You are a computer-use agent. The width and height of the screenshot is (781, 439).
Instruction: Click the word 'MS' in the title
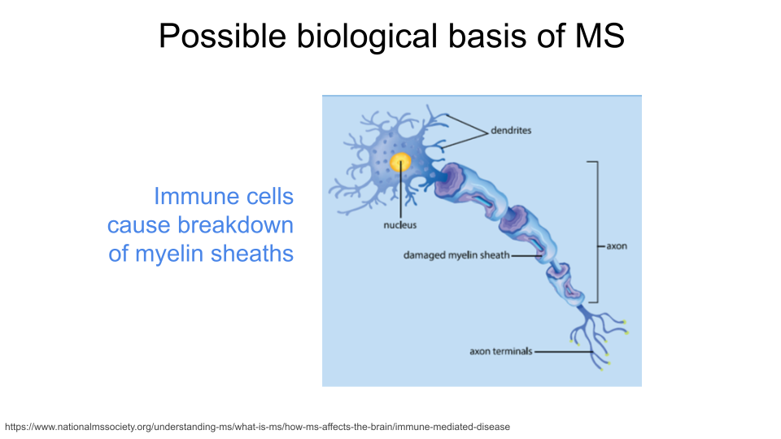600,35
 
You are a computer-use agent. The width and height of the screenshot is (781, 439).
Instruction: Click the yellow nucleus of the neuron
400,163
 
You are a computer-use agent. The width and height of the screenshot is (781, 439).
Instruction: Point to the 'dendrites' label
511,130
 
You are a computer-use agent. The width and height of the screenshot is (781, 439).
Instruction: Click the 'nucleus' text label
400,225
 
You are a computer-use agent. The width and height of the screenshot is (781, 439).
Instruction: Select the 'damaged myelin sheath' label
456,255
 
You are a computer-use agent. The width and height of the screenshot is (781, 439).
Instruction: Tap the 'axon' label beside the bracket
617,246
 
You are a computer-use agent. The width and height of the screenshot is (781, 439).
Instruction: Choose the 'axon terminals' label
501,351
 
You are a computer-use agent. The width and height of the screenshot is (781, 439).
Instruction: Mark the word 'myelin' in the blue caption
168,254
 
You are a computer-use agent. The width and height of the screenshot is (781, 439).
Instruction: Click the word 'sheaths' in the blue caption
252,254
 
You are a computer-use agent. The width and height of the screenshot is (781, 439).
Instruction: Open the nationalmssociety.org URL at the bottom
258,427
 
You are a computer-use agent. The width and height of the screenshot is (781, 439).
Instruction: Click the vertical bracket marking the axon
596,232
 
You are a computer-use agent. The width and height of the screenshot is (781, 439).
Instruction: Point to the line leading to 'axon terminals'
563,352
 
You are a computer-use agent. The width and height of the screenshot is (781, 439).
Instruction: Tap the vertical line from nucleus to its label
400,190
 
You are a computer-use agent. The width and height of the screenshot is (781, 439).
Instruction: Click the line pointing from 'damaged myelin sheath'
527,256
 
